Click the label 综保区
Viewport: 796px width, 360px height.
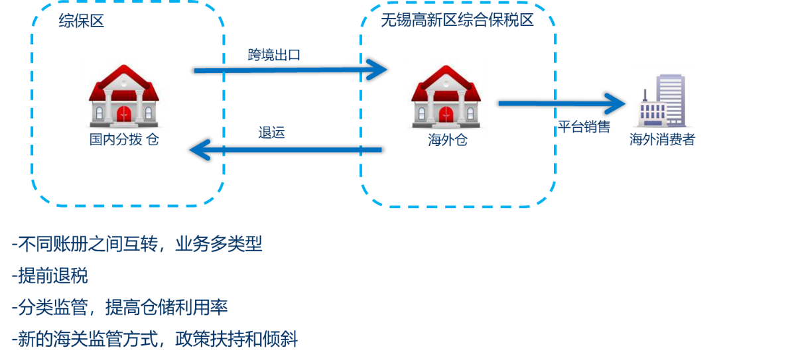tap(82, 21)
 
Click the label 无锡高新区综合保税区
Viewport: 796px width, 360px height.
tap(457, 21)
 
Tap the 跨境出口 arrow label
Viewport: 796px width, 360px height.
tap(274, 55)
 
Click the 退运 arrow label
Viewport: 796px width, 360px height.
tap(271, 133)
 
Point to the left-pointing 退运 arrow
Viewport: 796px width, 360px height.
tap(285, 150)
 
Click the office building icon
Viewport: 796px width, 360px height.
tap(663, 100)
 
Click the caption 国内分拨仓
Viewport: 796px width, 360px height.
tap(125, 140)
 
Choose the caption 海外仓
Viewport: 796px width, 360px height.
tap(447, 140)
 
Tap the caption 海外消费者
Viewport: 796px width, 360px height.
tap(662, 140)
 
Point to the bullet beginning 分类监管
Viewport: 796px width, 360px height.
tap(120, 308)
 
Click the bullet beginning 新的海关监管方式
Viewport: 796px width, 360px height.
tap(155, 340)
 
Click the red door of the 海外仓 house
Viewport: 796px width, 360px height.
tap(447, 113)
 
